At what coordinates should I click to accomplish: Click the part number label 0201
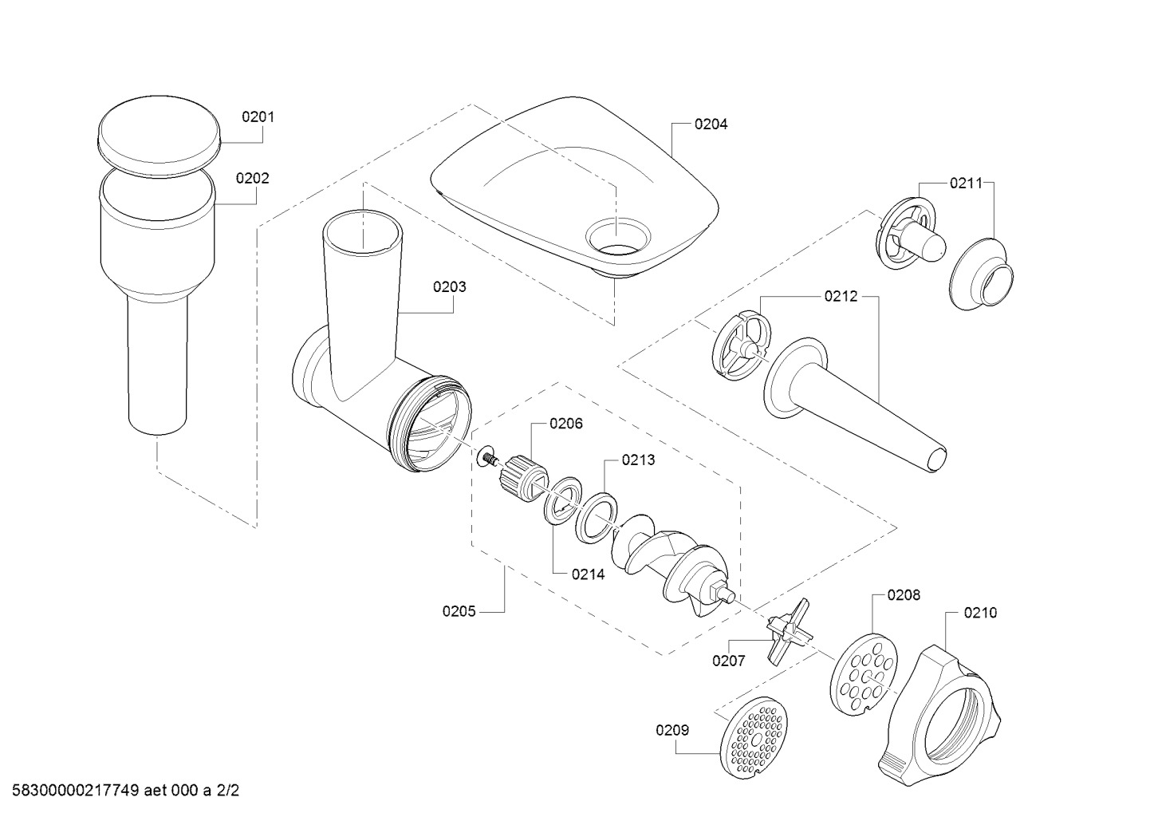click(258, 117)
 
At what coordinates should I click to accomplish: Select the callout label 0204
click(711, 124)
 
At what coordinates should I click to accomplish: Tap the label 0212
click(841, 296)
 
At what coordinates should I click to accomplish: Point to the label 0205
click(459, 611)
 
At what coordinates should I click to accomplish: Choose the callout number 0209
click(672, 730)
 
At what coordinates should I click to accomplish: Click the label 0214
click(589, 574)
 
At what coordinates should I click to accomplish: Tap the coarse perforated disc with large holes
click(864, 674)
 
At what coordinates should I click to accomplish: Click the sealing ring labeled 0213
click(597, 519)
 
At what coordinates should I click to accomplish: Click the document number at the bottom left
click(125, 791)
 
